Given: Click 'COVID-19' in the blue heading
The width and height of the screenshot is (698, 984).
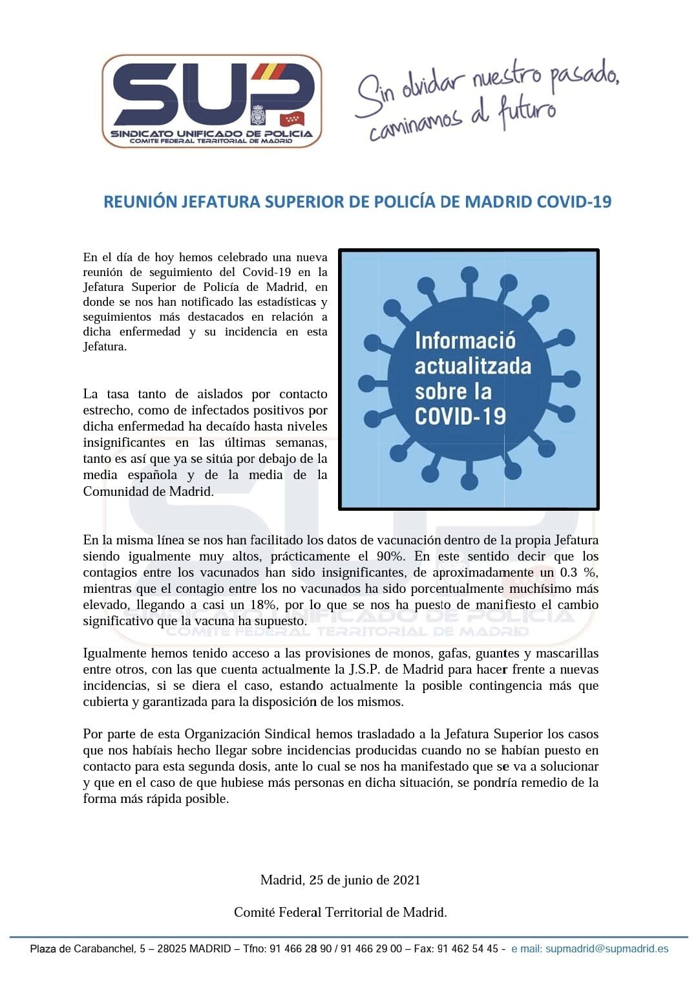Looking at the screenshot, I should (x=574, y=202).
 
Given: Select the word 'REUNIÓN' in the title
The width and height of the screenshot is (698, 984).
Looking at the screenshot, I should (x=140, y=202).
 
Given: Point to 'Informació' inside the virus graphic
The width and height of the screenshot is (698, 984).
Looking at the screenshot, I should (x=465, y=341).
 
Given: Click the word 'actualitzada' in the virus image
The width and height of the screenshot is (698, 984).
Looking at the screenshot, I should (x=472, y=366).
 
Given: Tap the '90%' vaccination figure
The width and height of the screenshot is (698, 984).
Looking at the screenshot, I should (x=390, y=556).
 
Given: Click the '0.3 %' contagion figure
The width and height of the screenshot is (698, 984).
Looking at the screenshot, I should (x=578, y=572).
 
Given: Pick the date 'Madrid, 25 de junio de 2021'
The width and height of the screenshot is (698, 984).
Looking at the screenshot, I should (x=341, y=880).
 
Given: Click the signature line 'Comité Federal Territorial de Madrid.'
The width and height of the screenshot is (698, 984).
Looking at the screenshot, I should (x=341, y=912).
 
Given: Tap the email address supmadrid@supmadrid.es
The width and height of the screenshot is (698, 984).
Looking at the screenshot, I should (x=606, y=949).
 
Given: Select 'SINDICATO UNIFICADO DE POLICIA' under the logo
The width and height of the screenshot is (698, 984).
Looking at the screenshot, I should (x=211, y=134).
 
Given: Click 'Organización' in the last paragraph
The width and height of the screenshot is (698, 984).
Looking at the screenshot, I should (x=222, y=734).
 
